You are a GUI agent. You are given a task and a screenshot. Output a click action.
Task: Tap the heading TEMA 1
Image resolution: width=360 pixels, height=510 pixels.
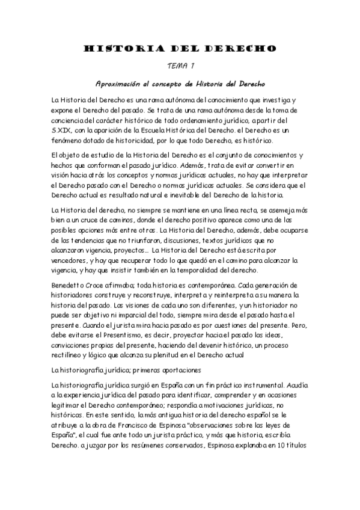pyautogui.click(x=180, y=66)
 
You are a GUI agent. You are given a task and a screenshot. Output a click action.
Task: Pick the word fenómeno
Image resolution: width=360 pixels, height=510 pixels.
pyautogui.click(x=69, y=141)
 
